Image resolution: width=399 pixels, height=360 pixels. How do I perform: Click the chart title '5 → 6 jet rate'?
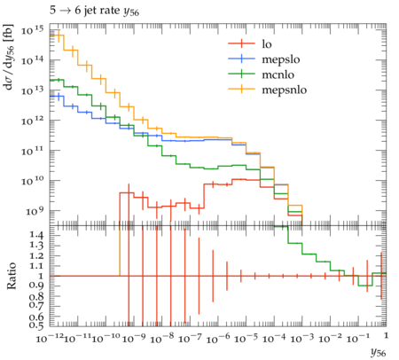coord(86,11)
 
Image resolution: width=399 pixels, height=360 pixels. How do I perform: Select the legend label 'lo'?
coord(267,44)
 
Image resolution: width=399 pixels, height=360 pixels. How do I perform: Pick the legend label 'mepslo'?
coord(281,59)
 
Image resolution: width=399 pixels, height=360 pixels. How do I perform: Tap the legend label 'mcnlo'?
coord(278,74)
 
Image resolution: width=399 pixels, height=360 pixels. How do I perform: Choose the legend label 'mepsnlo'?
coord(285,90)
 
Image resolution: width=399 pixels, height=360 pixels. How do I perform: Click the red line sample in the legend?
coord(241,43)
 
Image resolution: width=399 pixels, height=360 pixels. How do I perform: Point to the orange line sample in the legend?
coord(241,89)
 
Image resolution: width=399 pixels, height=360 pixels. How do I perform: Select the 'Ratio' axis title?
coord(12,276)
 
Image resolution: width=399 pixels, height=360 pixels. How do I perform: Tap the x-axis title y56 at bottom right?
coord(379,353)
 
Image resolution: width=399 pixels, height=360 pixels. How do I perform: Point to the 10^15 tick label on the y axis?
coord(32,30)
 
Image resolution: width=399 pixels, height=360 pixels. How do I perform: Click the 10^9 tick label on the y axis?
coord(35,211)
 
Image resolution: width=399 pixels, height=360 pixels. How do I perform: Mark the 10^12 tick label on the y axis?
coord(32,121)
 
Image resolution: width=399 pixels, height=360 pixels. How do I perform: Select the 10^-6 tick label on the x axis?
coord(218,338)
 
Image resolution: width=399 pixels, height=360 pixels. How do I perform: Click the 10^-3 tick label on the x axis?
coord(302,338)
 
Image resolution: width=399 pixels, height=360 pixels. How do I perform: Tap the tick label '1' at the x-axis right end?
coord(386,335)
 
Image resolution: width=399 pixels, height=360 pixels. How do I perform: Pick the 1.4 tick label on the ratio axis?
coord(36,235)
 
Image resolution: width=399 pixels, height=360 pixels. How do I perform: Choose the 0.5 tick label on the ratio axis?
coord(36,325)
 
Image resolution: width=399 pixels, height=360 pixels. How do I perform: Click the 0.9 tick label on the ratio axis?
coord(36,286)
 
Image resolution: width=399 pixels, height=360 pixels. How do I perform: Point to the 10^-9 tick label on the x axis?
coord(134,338)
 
